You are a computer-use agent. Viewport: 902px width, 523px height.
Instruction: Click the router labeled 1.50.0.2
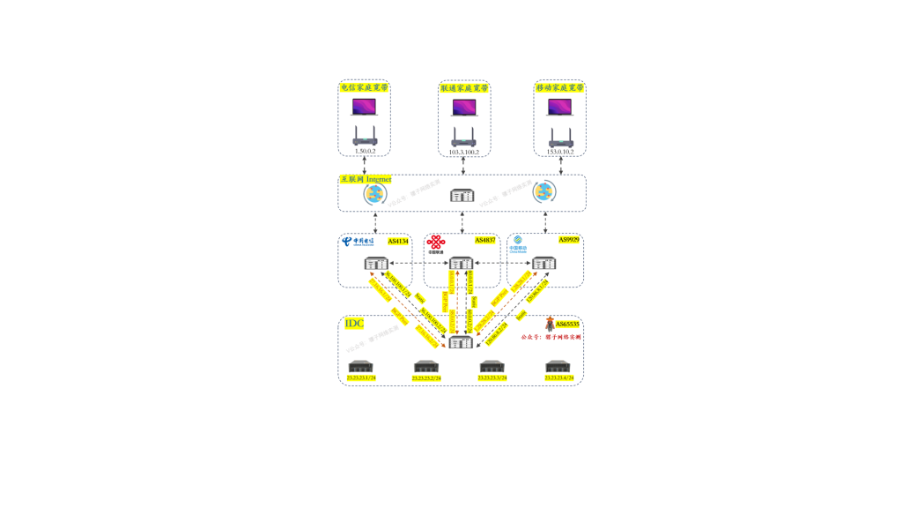[x=365, y=136]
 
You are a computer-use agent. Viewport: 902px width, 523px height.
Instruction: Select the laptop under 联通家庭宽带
[x=464, y=108]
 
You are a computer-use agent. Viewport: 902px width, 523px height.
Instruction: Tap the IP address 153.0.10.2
[x=559, y=152]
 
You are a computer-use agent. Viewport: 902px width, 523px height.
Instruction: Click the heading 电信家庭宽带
[x=364, y=87]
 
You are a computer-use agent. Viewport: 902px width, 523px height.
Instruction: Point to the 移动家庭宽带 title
[x=559, y=88]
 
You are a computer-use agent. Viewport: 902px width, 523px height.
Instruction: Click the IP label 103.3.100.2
[x=464, y=153]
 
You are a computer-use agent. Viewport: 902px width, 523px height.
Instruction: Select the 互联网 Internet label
[x=366, y=179]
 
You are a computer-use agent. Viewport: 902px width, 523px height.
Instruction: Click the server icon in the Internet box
[x=462, y=196]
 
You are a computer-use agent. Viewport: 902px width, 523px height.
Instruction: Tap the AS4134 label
[x=398, y=241]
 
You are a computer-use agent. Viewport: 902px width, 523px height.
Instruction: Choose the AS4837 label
[x=485, y=240]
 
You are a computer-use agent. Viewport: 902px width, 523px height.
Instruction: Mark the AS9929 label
[x=568, y=240]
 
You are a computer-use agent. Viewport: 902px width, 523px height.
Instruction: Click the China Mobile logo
[x=518, y=243]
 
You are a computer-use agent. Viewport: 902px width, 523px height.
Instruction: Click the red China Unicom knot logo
[x=436, y=243]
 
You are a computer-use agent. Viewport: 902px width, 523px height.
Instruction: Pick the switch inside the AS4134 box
[x=376, y=263]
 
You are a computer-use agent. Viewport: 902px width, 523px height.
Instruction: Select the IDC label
[x=354, y=324]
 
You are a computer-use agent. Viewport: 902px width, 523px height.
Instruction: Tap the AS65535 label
[x=568, y=325]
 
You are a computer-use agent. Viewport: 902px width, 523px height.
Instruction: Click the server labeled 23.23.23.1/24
[x=361, y=366]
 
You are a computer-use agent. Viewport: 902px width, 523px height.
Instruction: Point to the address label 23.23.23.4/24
[x=558, y=378]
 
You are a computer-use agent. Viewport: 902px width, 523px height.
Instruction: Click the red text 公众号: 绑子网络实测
[x=551, y=337]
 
